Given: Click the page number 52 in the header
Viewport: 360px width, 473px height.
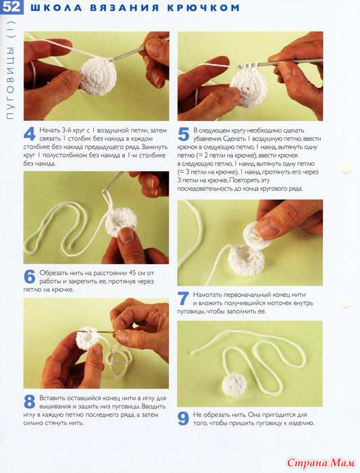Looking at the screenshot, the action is click(11, 7).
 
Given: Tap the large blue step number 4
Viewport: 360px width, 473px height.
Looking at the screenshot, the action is click(30, 134).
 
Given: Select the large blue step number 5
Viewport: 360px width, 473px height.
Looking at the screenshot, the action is click(183, 134).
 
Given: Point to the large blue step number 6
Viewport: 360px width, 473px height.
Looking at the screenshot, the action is click(30, 276).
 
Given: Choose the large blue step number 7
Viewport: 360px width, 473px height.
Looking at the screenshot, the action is click(183, 299).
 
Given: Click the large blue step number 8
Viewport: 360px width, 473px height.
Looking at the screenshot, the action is click(30, 401).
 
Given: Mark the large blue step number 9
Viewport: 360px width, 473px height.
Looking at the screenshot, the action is click(183, 418).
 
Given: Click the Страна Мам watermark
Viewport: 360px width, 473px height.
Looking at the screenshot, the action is click(321, 462).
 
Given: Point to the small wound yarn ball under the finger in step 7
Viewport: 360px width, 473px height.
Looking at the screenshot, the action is click(256, 237).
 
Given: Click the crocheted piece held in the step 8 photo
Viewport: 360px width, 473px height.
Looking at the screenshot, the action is click(88, 339).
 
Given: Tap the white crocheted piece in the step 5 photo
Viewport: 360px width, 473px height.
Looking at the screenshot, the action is click(247, 87).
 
